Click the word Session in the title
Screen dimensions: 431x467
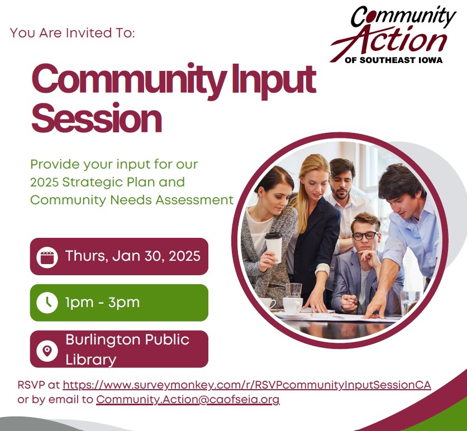(x=97, y=118)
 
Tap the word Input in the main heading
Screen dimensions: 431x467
(x=272, y=80)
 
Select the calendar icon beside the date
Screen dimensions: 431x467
(x=47, y=257)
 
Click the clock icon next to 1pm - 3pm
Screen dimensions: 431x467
(x=47, y=303)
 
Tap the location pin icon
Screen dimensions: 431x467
(x=47, y=350)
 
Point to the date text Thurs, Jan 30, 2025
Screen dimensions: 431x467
(x=132, y=256)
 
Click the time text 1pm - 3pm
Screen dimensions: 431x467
(x=102, y=303)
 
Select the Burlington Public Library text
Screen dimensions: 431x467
(x=127, y=349)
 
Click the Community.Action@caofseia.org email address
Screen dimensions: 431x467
(x=188, y=400)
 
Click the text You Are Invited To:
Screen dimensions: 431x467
(x=73, y=33)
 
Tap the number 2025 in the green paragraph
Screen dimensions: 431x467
(x=45, y=183)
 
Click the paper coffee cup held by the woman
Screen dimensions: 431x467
(x=273, y=246)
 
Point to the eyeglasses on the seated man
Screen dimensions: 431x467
(x=365, y=235)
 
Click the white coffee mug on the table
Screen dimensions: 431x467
(x=292, y=304)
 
